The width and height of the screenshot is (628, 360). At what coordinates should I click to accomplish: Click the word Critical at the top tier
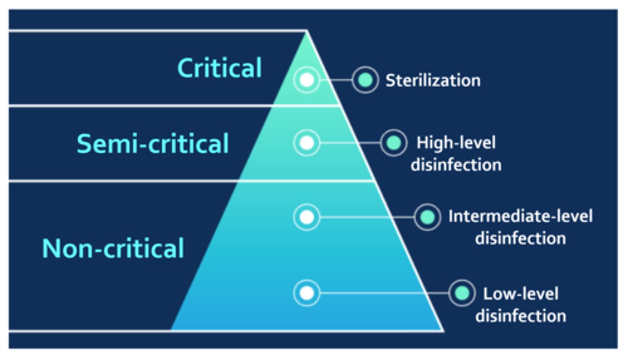pyautogui.click(x=219, y=68)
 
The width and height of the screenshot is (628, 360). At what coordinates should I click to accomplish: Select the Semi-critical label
pyautogui.click(x=153, y=144)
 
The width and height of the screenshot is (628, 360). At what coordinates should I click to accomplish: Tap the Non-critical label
pyautogui.click(x=113, y=249)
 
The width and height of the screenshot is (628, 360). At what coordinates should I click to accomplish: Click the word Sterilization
pyautogui.click(x=433, y=81)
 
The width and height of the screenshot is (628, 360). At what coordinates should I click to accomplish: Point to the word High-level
pyautogui.click(x=456, y=143)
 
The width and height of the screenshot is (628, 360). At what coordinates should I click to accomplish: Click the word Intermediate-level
pyautogui.click(x=520, y=217)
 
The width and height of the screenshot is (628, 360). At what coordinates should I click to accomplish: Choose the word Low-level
pyautogui.click(x=520, y=293)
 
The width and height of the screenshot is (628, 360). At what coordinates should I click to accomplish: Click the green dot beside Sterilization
pyautogui.click(x=365, y=80)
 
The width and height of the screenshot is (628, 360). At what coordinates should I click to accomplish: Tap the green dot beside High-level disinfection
pyautogui.click(x=393, y=143)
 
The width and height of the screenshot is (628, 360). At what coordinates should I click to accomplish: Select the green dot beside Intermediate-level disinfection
pyautogui.click(x=427, y=217)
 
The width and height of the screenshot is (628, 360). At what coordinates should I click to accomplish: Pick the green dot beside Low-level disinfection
pyautogui.click(x=461, y=293)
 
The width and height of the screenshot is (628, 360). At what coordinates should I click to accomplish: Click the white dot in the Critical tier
pyautogui.click(x=307, y=80)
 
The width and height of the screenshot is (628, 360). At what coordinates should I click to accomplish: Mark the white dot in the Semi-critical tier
pyautogui.click(x=307, y=143)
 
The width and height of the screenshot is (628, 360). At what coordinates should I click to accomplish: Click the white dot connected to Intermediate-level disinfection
pyautogui.click(x=307, y=217)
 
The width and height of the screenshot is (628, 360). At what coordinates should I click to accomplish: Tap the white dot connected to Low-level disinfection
pyautogui.click(x=307, y=293)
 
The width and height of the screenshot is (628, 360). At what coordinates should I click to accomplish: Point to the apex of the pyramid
pyautogui.click(x=307, y=31)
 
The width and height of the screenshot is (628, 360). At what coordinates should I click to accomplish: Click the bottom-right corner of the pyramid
pyautogui.click(x=442, y=330)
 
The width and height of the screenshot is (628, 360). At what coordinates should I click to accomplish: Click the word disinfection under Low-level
pyautogui.click(x=520, y=316)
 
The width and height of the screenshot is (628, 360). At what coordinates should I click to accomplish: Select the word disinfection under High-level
pyautogui.click(x=456, y=165)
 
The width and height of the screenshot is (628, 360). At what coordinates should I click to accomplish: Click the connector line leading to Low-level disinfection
pyautogui.click(x=384, y=293)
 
